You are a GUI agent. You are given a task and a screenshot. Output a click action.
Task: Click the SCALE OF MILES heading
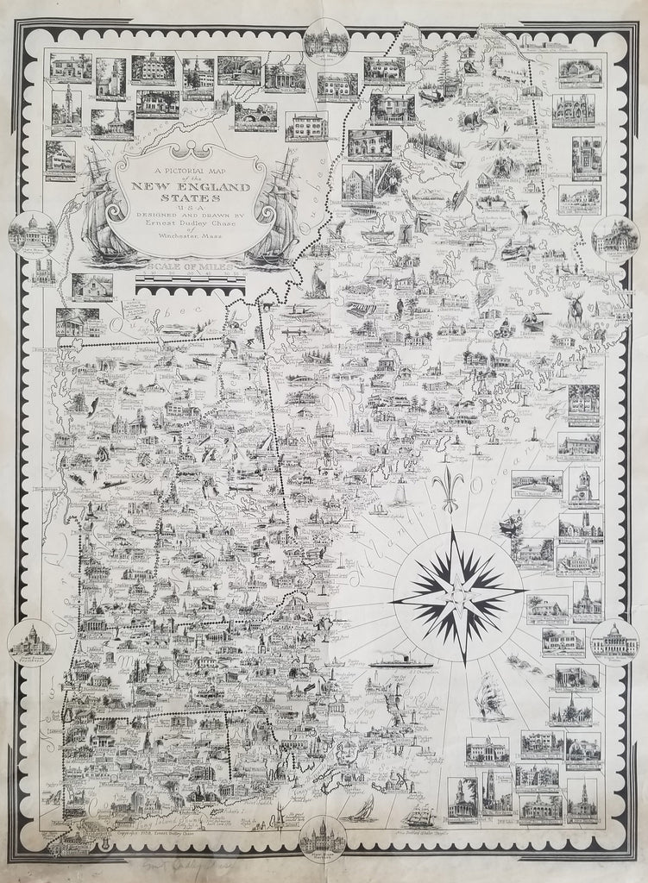coord(191,269)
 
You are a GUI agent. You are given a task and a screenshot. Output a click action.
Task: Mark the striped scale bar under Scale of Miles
coord(191,281)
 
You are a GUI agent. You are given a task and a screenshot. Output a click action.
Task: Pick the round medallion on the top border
coord(325,39)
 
